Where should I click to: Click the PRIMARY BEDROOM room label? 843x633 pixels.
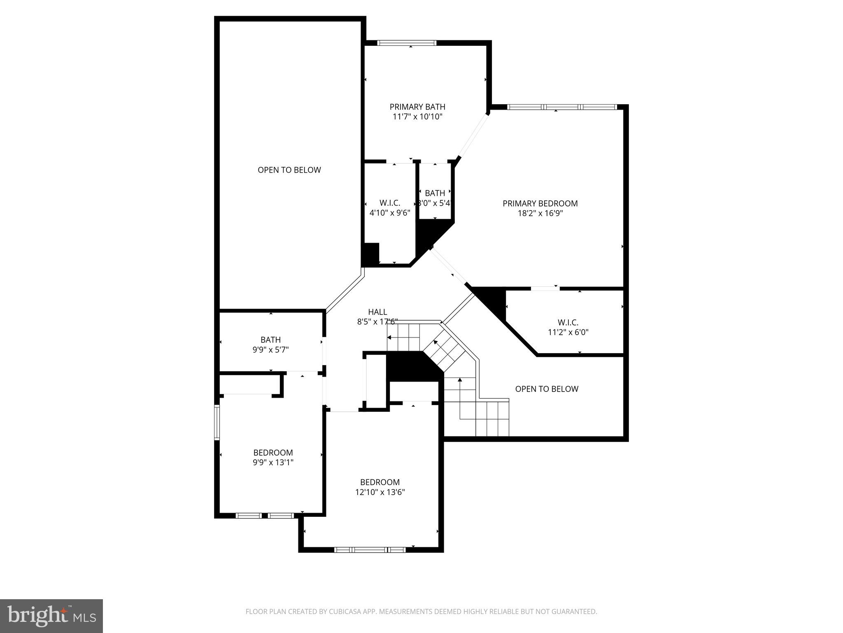click(540, 203)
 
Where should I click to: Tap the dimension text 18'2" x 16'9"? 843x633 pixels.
click(540, 213)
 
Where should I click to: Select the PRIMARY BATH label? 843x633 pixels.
click(417, 107)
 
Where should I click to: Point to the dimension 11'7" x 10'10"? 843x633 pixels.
click(417, 117)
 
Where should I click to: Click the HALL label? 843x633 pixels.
click(377, 312)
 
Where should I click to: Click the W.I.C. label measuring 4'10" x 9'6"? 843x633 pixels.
click(389, 203)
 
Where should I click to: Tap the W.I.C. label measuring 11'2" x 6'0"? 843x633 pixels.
click(568, 322)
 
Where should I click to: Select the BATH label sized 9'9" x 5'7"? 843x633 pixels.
click(270, 340)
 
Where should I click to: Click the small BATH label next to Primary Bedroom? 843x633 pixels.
click(435, 193)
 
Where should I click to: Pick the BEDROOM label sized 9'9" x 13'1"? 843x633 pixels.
click(273, 452)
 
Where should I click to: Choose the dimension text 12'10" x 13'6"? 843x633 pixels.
click(380, 492)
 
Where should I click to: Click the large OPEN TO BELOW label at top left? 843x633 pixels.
click(289, 170)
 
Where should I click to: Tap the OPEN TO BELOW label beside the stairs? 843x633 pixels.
click(547, 389)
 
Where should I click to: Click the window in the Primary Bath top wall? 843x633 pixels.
click(407, 43)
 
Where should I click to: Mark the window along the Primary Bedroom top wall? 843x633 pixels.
click(562, 107)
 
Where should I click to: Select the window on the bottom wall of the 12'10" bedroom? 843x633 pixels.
click(370, 549)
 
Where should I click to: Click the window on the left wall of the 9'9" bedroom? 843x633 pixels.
click(217, 422)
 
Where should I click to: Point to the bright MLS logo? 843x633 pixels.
click(51, 615)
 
